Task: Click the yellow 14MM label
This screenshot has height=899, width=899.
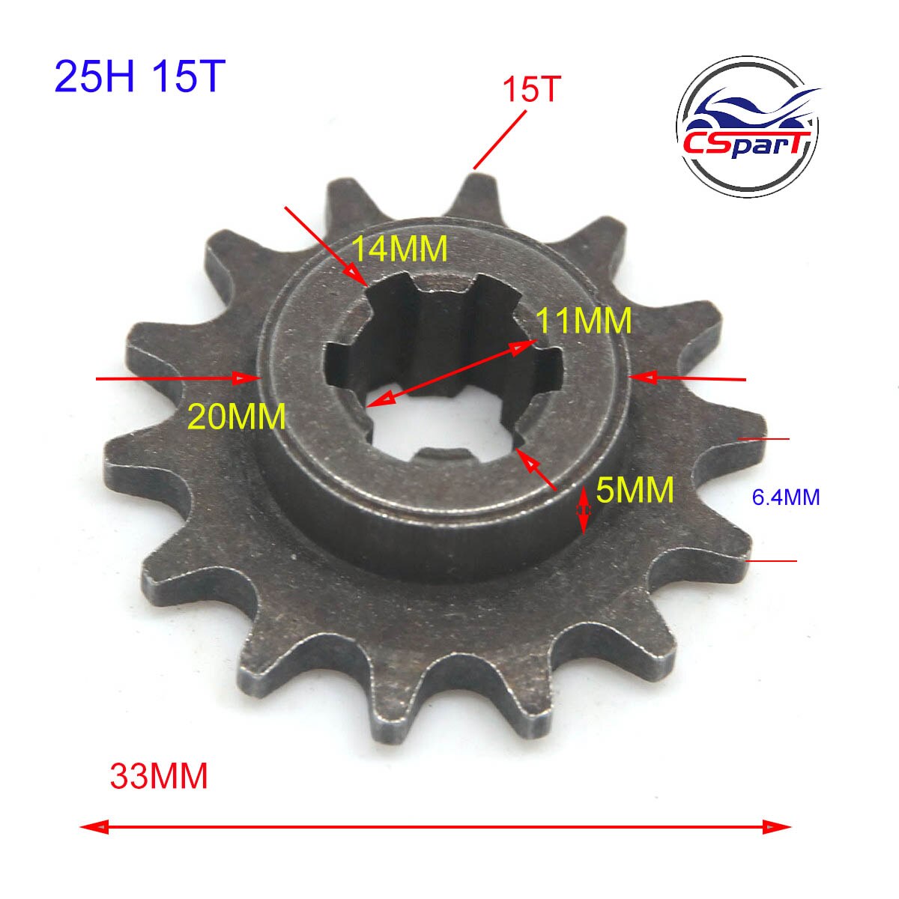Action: click(400, 249)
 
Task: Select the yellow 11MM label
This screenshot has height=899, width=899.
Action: click(584, 321)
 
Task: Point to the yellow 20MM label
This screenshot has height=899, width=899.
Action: click(237, 416)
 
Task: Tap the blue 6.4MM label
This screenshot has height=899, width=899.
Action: click(786, 497)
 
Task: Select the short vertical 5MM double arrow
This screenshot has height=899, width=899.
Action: click(584, 509)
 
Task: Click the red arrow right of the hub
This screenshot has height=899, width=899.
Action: click(689, 378)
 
